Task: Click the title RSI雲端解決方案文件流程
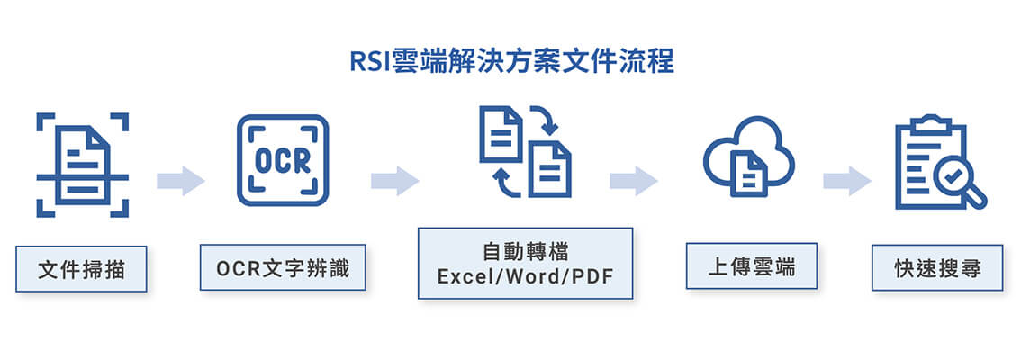[x=511, y=63]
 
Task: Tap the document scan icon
[x=82, y=164]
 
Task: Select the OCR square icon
[x=282, y=160]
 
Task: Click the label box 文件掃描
[x=81, y=268]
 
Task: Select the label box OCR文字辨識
[x=283, y=266]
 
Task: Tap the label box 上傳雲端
[x=752, y=266]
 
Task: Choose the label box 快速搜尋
[x=937, y=267]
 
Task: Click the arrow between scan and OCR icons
[x=180, y=180]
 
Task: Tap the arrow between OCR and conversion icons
[x=394, y=180]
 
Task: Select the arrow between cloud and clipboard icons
[x=846, y=180]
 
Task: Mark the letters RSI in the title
[x=368, y=63]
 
